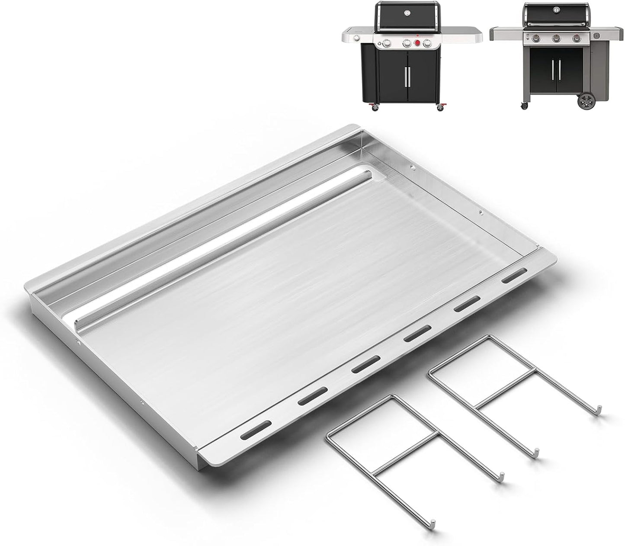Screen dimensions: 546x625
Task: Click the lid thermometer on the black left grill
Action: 407,13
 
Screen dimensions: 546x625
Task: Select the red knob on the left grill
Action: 418,43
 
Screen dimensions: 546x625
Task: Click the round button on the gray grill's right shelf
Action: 597,35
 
